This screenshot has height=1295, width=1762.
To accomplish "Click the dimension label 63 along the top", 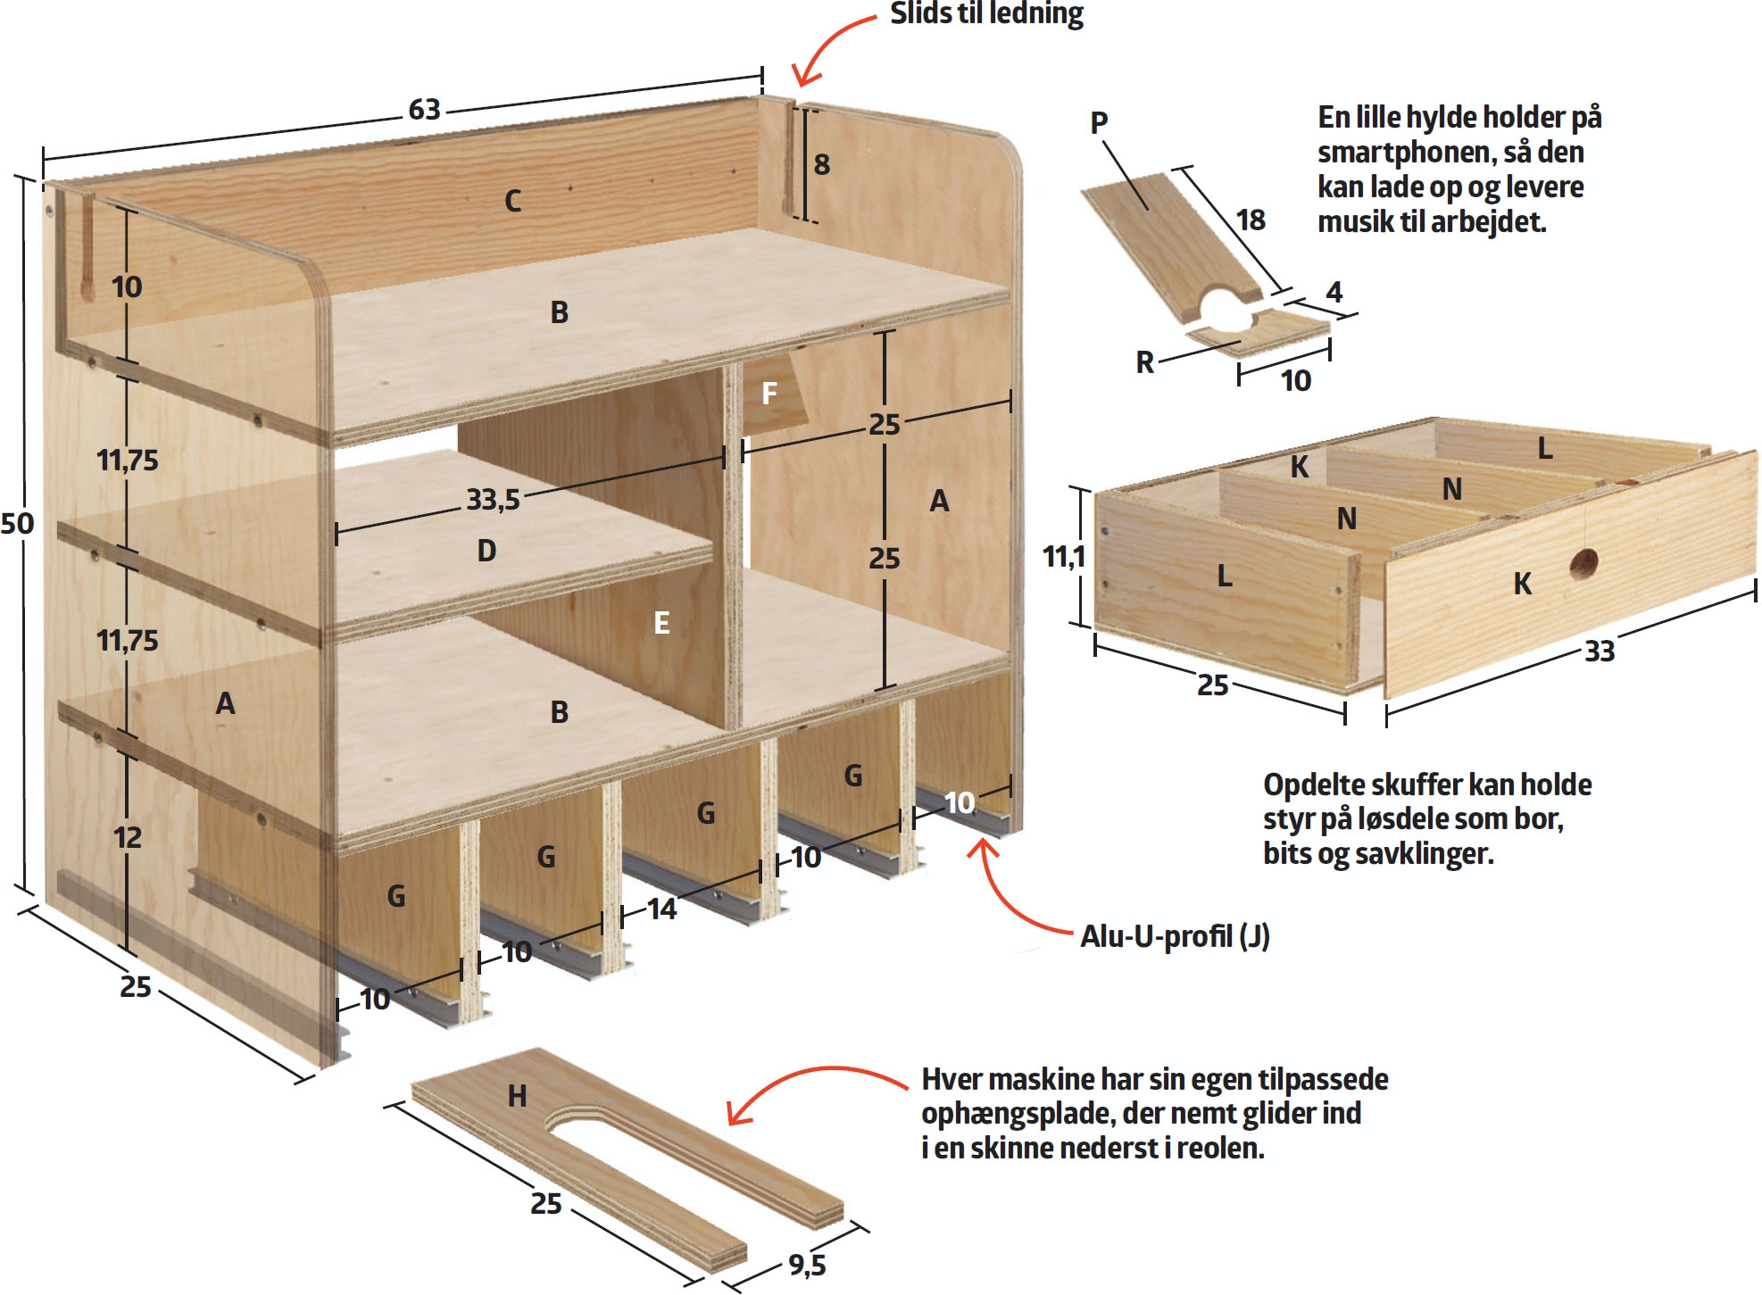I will [425, 110].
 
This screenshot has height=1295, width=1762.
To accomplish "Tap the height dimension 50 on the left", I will [17, 523].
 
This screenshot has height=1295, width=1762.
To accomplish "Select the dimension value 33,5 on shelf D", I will [493, 499].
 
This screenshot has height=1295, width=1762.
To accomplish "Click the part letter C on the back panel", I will [512, 201].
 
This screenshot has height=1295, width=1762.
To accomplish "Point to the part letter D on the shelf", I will [486, 551].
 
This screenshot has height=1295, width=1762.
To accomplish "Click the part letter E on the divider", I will [661, 623].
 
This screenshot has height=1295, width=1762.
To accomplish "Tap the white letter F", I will [769, 394].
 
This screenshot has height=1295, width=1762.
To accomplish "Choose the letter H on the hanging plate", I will [517, 1096].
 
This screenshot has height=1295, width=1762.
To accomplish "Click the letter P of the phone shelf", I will [1100, 122].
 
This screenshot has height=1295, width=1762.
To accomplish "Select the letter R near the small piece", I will [1145, 362].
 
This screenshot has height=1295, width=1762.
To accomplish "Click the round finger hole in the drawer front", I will [1584, 563].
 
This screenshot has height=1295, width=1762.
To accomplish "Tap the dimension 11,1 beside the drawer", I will [1064, 557].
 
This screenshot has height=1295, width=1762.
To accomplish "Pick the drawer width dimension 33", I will [1600, 652].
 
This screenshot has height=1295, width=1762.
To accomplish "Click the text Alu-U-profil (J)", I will [1175, 935].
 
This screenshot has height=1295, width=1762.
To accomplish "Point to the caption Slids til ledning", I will [986, 13].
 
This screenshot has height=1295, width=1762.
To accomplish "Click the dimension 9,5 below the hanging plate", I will [807, 1265].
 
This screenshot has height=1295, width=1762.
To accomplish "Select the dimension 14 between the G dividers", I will [661, 909].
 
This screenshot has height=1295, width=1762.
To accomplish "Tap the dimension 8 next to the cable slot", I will [822, 165].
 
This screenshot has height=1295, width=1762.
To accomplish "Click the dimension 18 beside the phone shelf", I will [1251, 220].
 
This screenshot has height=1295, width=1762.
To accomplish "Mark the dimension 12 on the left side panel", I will [128, 837].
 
